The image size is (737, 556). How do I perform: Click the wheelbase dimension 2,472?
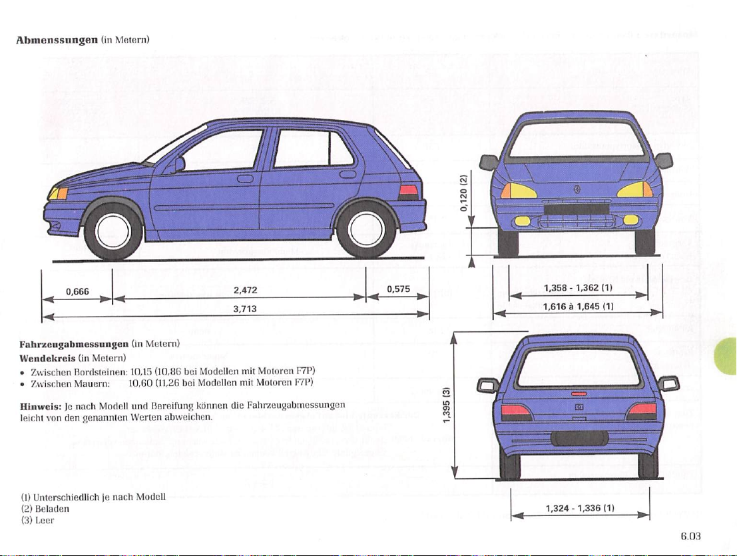246,291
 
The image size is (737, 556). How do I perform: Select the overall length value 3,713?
246,309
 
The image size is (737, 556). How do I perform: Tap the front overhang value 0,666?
77,291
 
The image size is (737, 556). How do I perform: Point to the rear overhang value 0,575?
399,289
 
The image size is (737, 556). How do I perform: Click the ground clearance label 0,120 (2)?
463,193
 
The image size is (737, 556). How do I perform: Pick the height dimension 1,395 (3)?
447,405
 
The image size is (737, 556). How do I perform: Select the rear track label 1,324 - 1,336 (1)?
580,508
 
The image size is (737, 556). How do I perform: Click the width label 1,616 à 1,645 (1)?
578,307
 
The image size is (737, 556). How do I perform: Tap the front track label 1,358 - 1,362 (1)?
578,287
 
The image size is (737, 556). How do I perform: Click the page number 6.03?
690,536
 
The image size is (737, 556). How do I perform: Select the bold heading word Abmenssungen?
57,40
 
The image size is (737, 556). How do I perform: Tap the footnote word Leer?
45,520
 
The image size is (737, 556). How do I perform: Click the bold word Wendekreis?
47,358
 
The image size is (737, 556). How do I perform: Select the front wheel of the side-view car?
113,231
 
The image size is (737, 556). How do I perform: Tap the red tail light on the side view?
408,191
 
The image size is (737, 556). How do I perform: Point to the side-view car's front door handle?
246,179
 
